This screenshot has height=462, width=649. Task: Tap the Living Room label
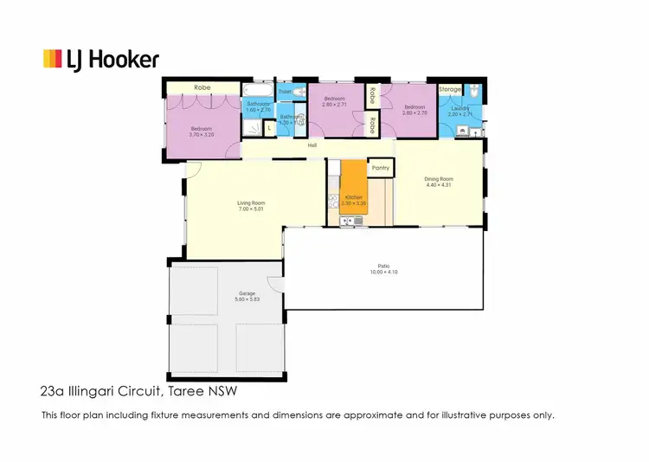(251, 203)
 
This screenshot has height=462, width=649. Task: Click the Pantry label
(380, 168)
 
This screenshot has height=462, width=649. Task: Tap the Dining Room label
(440, 179)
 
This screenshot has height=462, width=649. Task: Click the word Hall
(312, 145)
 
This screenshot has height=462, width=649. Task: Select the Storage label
(450, 89)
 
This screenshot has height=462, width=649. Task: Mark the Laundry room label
(459, 108)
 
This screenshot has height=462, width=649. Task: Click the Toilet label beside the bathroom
(285, 91)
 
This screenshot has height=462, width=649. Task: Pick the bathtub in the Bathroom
(257, 91)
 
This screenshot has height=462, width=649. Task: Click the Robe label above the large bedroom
(202, 87)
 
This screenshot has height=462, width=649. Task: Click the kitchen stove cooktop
(331, 202)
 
